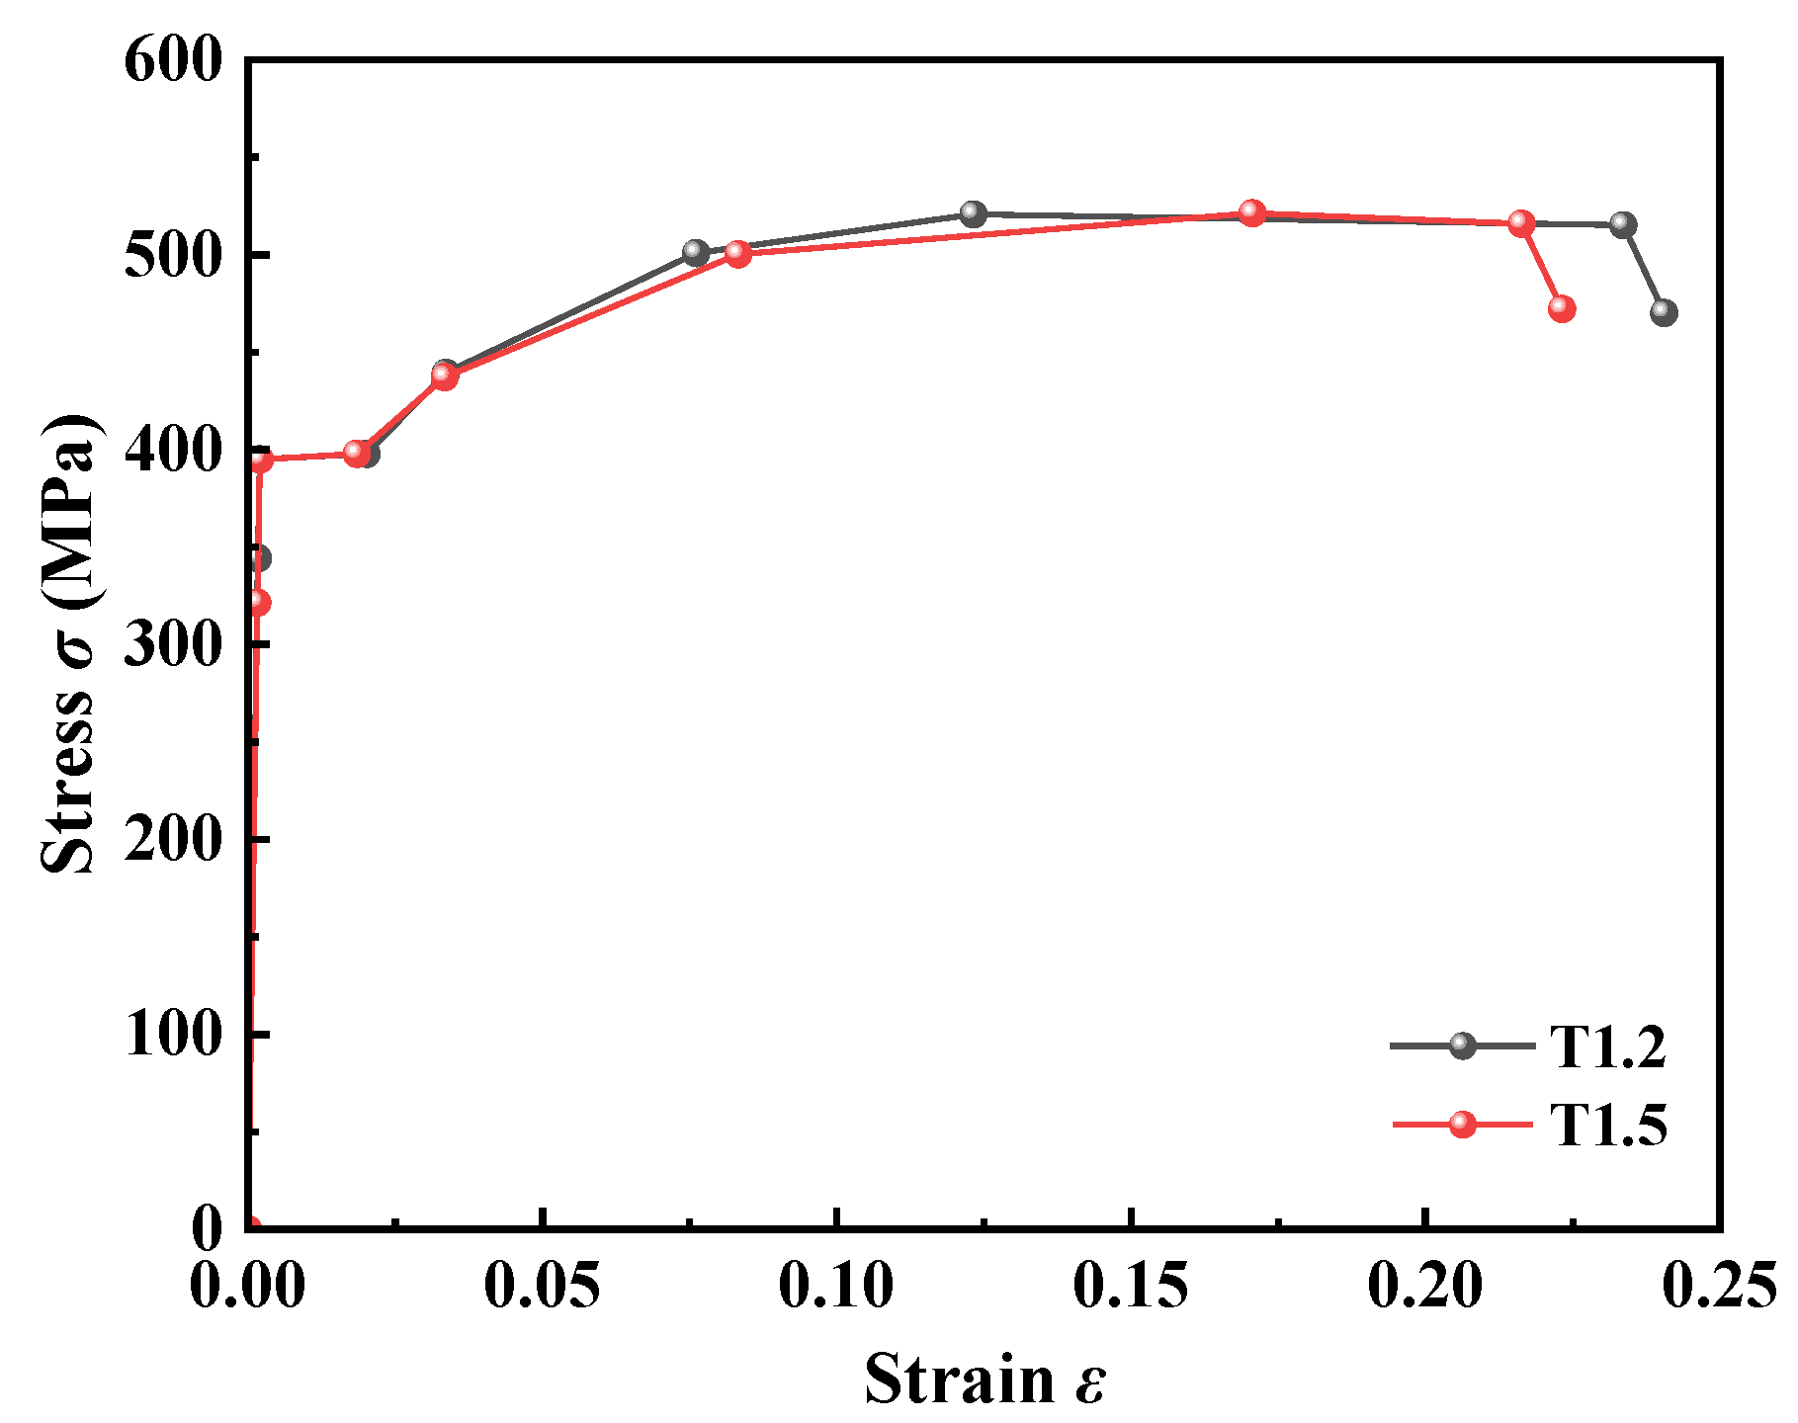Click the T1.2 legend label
[1607, 1046]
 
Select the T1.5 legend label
[1607, 1126]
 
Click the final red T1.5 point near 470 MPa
[1561, 308]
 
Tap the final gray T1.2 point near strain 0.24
[1664, 312]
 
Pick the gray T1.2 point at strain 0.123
[974, 213]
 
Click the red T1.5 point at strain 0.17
[1252, 212]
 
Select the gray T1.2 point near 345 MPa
[259, 558]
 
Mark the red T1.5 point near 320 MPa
[257, 602]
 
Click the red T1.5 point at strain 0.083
[737, 253]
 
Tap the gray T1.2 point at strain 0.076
[696, 252]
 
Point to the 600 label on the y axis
[174, 61]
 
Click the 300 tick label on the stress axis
[174, 645]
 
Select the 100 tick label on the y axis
[174, 1035]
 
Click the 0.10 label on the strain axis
[836, 1287]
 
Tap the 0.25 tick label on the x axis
[1718, 1287]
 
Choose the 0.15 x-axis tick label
[1131, 1287]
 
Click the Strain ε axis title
[985, 1379]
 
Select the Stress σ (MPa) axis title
[69, 642]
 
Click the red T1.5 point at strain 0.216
[1521, 223]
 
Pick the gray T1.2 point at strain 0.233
[1622, 224]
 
